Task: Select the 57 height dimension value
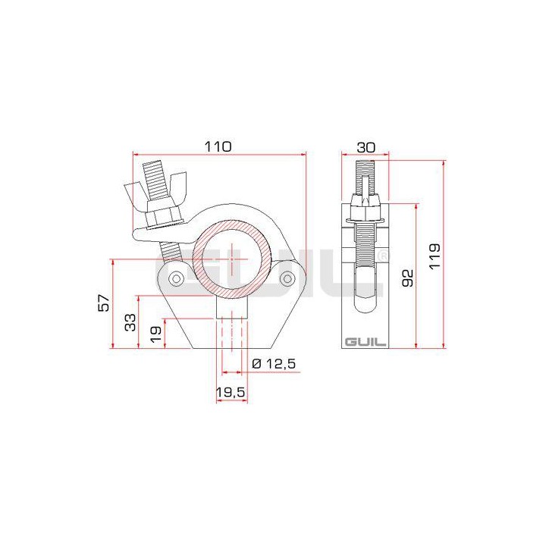click(x=104, y=304)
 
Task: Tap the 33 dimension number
click(x=130, y=322)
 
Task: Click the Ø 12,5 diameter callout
click(x=272, y=364)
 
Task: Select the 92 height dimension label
click(x=407, y=277)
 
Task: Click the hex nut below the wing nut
click(x=162, y=217)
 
